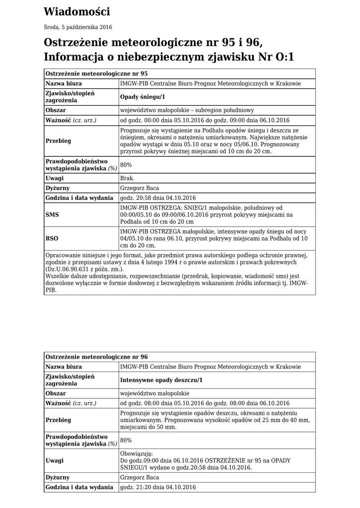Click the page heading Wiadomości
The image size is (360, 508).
click(x=76, y=11)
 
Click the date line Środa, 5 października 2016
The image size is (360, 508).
click(x=77, y=27)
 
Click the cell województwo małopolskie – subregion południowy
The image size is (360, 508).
click(x=187, y=110)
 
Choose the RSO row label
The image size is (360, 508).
click(x=52, y=238)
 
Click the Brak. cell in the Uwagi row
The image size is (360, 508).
click(x=127, y=178)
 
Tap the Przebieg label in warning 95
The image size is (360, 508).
click(x=58, y=141)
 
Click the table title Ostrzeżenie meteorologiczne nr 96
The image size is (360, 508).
click(x=96, y=357)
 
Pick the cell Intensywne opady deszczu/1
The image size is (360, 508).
click(x=161, y=380)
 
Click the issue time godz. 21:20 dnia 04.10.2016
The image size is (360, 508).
click(x=158, y=487)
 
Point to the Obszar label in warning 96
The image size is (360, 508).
click(x=56, y=393)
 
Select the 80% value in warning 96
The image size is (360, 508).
click(x=126, y=440)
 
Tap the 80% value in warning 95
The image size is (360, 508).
click(x=126, y=165)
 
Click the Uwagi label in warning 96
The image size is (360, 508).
click(x=55, y=460)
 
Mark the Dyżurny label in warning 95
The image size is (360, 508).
click(x=57, y=188)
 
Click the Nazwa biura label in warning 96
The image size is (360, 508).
click(x=64, y=367)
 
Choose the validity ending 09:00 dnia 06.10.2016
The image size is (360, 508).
click(x=248, y=121)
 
